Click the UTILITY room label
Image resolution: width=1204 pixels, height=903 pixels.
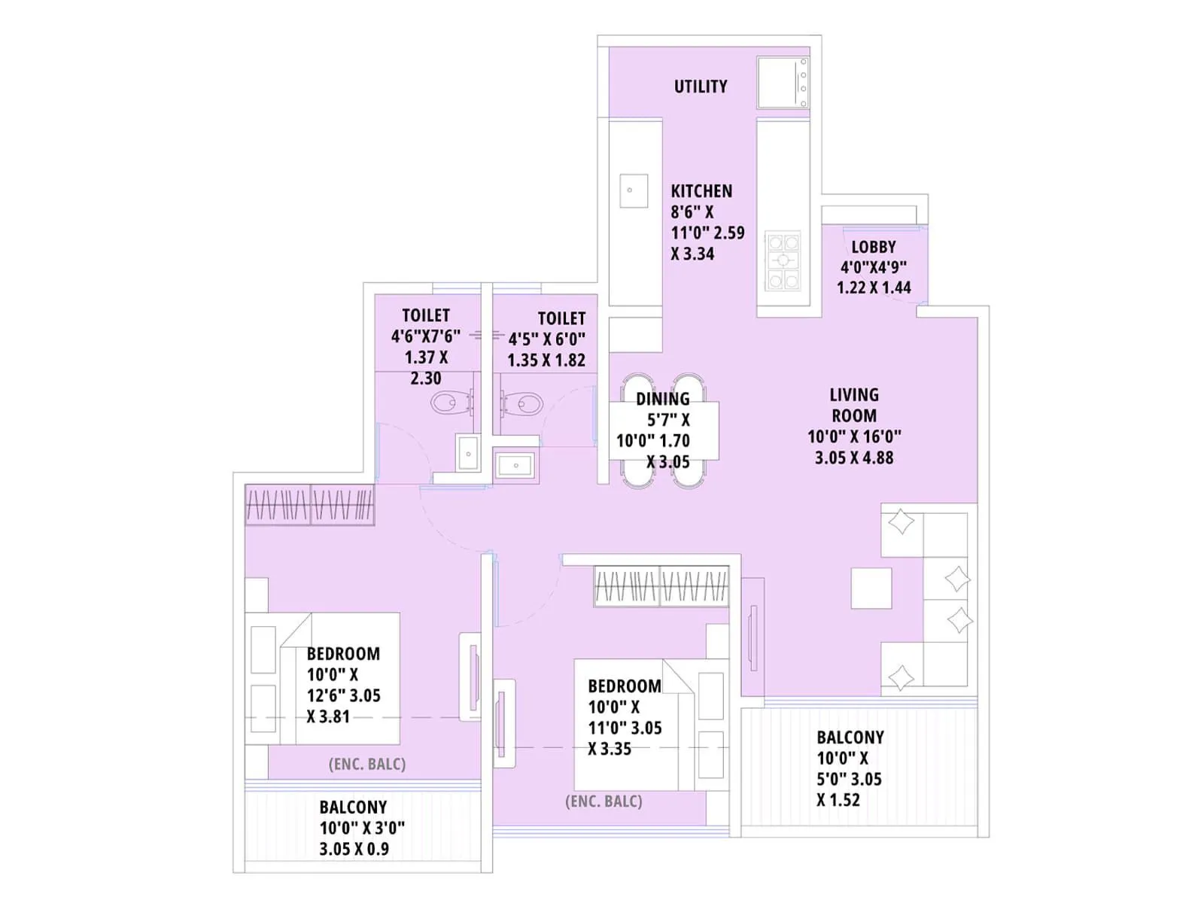tap(700, 87)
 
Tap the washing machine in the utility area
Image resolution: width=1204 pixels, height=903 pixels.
tap(783, 83)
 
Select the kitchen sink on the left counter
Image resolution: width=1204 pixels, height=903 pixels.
tap(633, 191)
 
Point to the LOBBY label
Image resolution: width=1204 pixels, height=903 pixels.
tap(873, 247)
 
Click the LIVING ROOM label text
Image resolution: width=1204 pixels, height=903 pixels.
tap(853, 405)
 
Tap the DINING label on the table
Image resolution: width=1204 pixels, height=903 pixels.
tap(662, 400)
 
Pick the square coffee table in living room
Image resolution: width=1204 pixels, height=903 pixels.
tap(871, 588)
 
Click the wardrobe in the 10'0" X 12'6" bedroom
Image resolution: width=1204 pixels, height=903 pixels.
tap(310, 504)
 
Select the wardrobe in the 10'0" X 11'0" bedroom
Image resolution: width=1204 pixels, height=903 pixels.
tap(661, 586)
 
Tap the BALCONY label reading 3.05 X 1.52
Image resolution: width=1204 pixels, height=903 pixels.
tap(850, 737)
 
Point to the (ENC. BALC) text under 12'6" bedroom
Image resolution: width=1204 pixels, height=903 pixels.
tap(367, 765)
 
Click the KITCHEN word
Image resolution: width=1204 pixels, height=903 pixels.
tap(701, 191)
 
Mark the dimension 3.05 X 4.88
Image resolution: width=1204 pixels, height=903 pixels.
tap(853, 458)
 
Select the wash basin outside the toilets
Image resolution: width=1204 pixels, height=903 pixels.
tap(516, 465)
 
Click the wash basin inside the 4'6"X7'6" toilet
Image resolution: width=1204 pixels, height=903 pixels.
tap(468, 454)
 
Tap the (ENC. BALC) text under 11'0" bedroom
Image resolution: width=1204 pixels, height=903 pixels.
tap(604, 801)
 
